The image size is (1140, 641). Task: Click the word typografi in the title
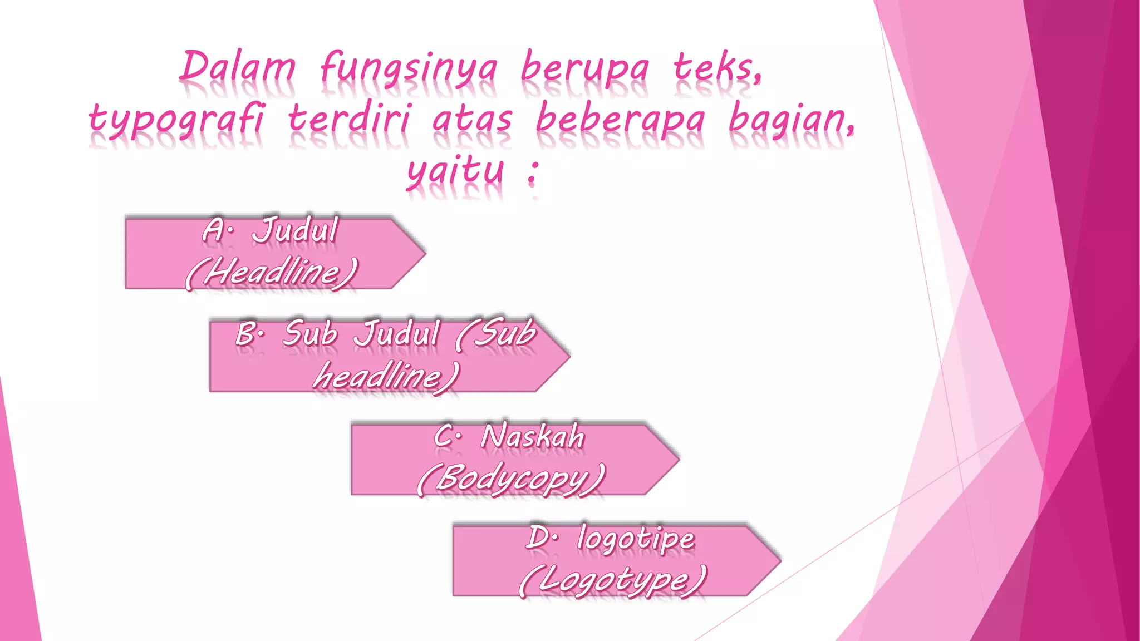click(x=177, y=120)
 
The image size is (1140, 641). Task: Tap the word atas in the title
click(x=472, y=119)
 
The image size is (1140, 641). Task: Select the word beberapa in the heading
click(x=620, y=119)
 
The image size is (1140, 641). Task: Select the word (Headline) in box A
click(x=271, y=273)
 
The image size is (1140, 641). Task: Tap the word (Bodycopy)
click(x=510, y=479)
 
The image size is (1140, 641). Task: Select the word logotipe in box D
click(x=636, y=538)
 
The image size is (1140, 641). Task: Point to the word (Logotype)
click(x=612, y=580)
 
